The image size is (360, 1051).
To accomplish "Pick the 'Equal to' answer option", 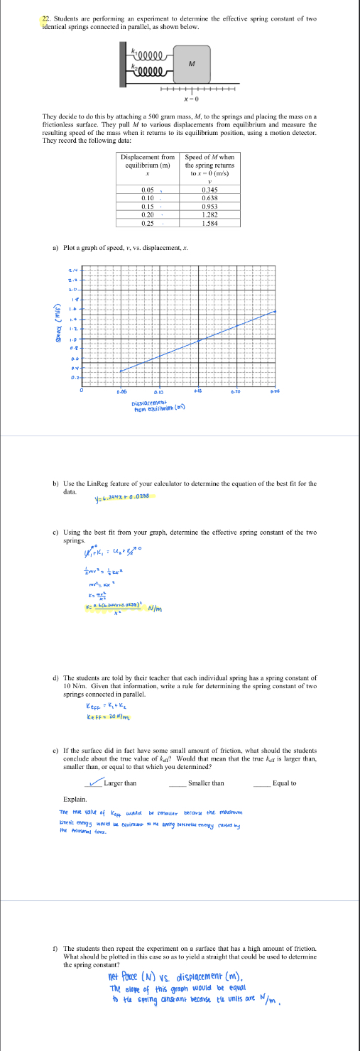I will (284, 783).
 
